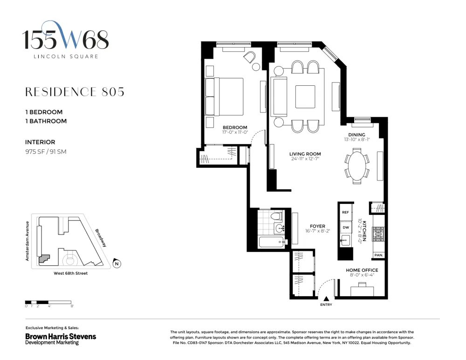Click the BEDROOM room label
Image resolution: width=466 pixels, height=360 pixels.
[235, 127]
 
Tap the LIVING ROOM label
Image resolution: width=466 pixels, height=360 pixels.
[305, 154]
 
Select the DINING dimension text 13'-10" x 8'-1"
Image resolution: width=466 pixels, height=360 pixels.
[356, 139]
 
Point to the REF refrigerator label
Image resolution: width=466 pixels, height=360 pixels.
[345, 212]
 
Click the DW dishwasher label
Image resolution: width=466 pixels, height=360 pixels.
[346, 228]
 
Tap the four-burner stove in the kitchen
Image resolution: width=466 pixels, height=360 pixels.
[379, 234]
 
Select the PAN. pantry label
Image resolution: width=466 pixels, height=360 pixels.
[378, 255]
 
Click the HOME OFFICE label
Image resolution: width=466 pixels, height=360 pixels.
[362, 270]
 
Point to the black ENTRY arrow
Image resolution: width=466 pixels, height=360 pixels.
[326, 299]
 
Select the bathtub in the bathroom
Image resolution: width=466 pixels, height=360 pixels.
[271, 242]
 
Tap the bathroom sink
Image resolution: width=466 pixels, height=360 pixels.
[279, 228]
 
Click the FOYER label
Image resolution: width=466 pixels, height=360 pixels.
[317, 226]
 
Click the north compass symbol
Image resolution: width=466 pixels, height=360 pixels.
[117, 263]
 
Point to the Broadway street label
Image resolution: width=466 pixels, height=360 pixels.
[101, 238]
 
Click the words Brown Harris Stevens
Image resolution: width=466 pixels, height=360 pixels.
[61, 337]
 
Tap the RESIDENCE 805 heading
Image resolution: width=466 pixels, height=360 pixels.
[75, 92]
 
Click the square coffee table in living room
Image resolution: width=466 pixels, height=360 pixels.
[305, 97]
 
